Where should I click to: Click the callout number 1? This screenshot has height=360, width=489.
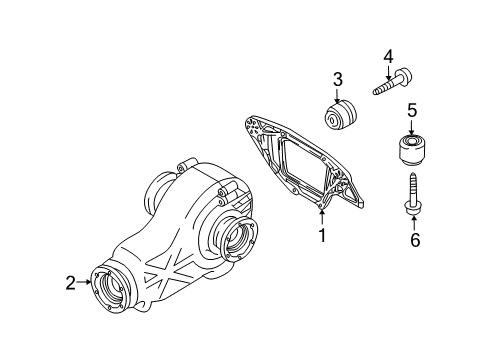point(322,235)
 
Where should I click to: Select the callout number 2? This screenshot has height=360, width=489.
point(71,283)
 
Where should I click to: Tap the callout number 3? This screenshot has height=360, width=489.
point(337,80)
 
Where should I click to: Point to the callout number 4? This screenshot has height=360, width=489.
point(388,57)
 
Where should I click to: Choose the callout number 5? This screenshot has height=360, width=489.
point(412,110)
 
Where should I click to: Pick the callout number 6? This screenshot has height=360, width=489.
point(415,240)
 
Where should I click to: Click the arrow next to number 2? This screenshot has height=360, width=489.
point(84,282)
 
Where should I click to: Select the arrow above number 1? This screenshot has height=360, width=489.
point(322,217)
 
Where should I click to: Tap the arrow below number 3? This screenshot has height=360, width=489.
point(337,96)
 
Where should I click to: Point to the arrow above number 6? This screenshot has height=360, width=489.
point(414,223)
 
